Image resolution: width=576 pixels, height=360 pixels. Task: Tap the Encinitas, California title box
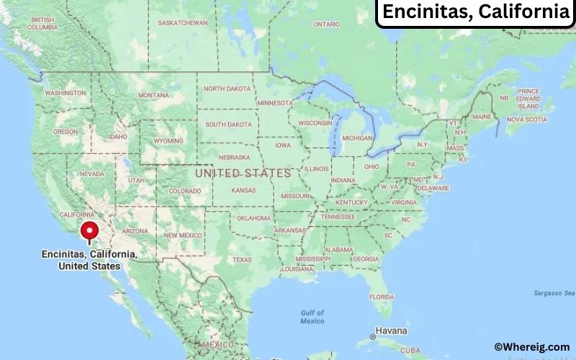[474, 12]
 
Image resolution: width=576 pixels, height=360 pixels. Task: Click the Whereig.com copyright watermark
[531, 347]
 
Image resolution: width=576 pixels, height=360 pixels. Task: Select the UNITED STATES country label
[243, 174]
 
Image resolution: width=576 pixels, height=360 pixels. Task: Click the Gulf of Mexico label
[312, 317]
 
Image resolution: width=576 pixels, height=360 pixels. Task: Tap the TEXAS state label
[242, 259]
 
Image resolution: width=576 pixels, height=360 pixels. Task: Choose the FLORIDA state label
[382, 297]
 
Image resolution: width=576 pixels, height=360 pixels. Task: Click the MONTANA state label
[153, 95]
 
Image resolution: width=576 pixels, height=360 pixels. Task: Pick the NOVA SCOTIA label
[526, 120]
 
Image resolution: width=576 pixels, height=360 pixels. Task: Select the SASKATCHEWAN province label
[183, 22]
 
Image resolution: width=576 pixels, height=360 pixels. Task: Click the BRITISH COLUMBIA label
[43, 23]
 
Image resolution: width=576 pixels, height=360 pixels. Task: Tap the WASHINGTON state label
[66, 93]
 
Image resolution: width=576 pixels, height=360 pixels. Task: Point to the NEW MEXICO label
[183, 235]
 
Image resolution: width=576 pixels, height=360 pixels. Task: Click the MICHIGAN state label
[358, 138]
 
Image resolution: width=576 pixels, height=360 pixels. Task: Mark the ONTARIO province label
[326, 24]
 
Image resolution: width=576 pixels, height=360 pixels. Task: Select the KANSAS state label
[243, 191]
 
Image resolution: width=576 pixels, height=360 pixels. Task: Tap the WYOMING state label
[168, 140]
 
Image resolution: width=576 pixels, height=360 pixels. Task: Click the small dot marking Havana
[373, 336]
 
